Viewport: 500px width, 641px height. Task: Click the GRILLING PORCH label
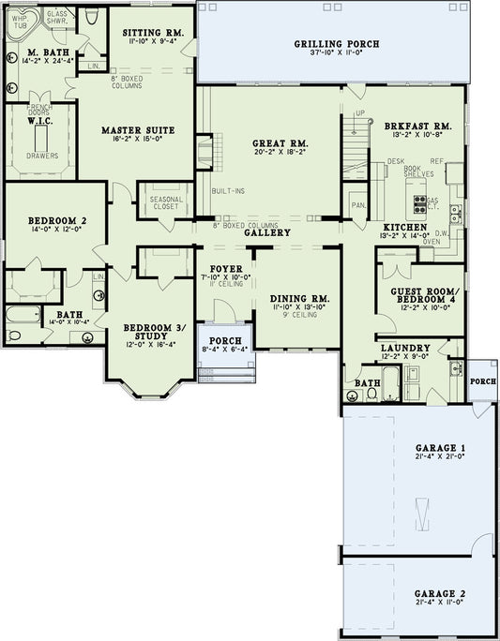point(324,44)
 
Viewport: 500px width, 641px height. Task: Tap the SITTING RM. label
point(153,32)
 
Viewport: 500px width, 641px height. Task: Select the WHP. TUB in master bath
point(19,24)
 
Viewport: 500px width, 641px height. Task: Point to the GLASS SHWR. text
point(57,18)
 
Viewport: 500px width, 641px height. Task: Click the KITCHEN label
point(405,228)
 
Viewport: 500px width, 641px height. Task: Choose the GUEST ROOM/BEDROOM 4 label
point(418,296)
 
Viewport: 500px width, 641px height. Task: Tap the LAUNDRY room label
point(405,347)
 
